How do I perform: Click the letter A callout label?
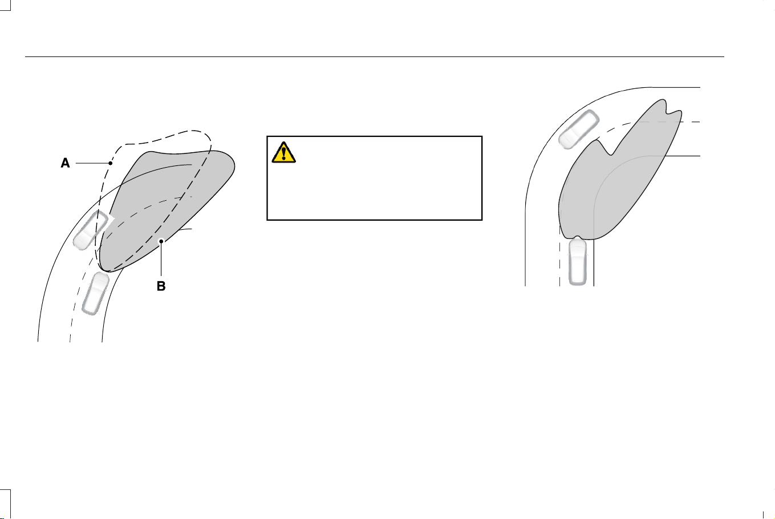[x=65, y=163]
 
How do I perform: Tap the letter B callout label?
[x=161, y=286]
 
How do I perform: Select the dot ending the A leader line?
[x=111, y=163]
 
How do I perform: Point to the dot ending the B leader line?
[x=161, y=241]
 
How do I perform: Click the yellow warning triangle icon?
[x=283, y=152]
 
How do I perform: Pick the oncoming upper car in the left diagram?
[x=91, y=229]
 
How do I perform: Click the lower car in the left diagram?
[x=95, y=293]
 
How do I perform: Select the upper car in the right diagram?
[x=579, y=129]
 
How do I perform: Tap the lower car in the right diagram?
[x=578, y=260]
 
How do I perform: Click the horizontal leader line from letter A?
[x=92, y=163]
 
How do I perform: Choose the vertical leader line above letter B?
[x=161, y=260]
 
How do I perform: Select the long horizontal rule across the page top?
[x=374, y=56]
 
